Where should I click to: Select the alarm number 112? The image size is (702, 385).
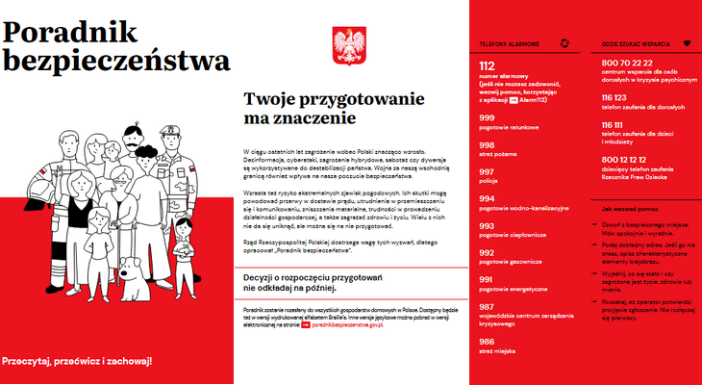coord(487,65)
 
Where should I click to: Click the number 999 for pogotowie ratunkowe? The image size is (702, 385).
coord(487,117)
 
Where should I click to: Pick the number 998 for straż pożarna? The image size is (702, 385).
coord(487,144)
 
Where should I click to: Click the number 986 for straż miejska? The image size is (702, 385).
coord(487,341)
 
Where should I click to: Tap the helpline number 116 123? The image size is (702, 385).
coord(614,97)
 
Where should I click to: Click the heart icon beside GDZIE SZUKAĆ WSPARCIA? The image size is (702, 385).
coord(687,42)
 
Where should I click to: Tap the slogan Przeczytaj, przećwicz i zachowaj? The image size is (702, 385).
coord(77,362)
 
